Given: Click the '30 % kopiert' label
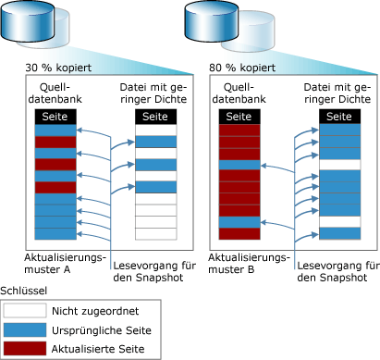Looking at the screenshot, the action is click(58, 68).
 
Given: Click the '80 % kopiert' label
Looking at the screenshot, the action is click(242, 68).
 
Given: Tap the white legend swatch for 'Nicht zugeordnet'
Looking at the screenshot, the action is click(25, 311).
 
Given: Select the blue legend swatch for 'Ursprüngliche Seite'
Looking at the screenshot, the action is click(25, 329).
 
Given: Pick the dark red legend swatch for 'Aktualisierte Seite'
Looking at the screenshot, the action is click(25, 348).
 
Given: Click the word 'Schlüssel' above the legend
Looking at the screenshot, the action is click(24, 291).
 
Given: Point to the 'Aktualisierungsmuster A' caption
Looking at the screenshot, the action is click(65, 263).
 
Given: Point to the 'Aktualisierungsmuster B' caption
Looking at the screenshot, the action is click(249, 263).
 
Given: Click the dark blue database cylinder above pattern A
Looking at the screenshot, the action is click(28, 21).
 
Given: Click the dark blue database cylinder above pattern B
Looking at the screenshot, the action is click(212, 21).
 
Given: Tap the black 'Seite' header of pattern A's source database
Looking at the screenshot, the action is click(55, 117).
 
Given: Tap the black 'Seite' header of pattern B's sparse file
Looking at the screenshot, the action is click(339, 117).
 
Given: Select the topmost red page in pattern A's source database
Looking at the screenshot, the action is click(55, 142).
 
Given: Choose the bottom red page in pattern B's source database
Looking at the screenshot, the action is click(239, 233).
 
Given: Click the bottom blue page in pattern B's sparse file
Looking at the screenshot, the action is click(339, 233).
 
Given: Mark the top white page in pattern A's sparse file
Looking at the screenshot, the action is click(156, 130).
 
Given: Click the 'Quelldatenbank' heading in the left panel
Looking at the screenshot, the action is click(55, 93).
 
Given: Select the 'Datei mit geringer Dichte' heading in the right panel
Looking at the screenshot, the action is click(337, 93).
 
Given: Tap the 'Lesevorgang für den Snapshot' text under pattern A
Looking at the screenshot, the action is click(154, 271).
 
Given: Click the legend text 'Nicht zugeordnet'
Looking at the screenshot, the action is click(95, 311).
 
